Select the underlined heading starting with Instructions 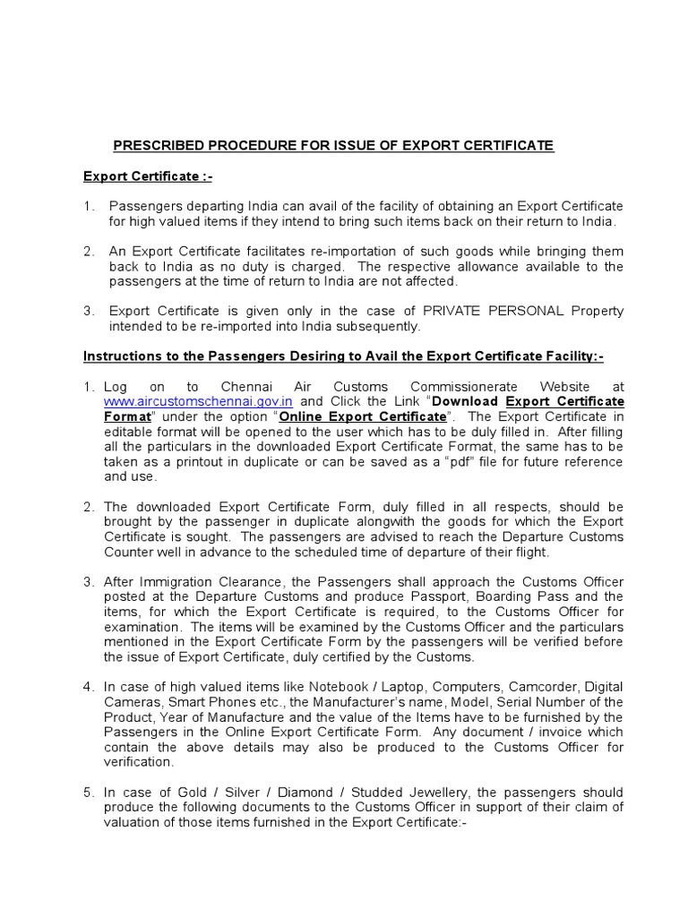pos(343,356)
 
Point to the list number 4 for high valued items pos(88,687)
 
